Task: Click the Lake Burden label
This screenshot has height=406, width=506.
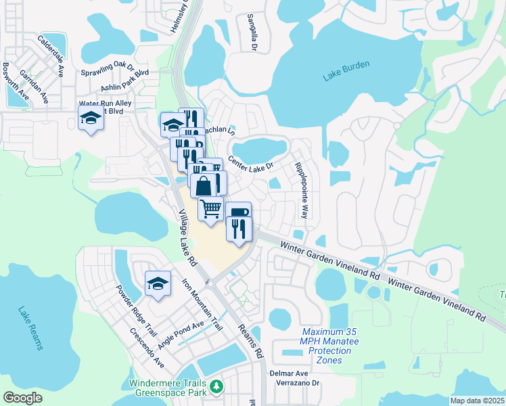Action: (346, 70)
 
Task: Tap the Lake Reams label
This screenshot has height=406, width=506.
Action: (30, 329)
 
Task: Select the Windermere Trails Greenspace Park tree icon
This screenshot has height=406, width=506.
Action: (216, 386)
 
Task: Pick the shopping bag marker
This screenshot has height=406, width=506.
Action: (204, 185)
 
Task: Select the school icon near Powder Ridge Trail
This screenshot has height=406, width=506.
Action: (158, 283)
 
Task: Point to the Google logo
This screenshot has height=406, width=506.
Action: (23, 398)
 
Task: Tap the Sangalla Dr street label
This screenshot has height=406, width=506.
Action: (252, 32)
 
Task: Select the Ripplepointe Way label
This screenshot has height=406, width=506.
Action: (301, 190)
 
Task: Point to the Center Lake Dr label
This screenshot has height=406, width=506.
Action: (250, 163)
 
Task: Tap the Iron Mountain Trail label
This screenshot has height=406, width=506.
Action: (202, 304)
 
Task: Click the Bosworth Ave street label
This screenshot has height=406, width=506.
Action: (16, 82)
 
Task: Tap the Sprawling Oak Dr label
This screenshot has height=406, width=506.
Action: (108, 68)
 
